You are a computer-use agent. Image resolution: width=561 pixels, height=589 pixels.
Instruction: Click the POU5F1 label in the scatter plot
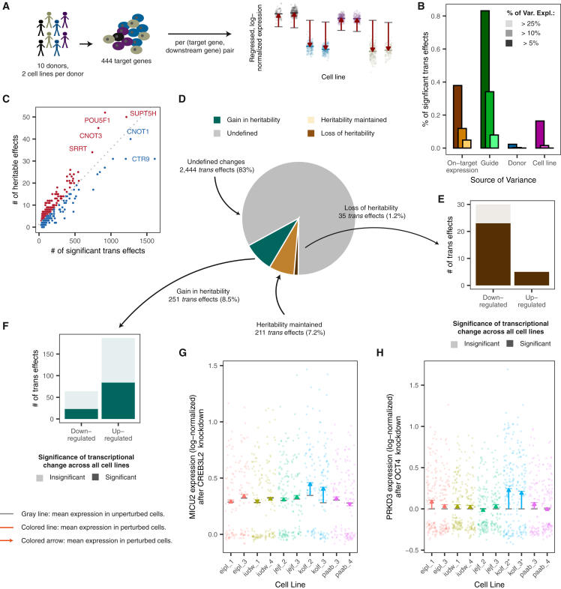tap(97, 121)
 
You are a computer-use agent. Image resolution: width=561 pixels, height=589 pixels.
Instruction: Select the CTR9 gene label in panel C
tap(141, 160)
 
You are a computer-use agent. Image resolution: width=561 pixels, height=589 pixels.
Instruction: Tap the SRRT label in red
tap(78, 149)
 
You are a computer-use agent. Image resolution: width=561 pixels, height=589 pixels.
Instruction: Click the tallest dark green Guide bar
tap(485, 79)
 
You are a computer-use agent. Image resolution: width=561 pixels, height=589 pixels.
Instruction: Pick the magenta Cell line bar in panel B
tap(540, 134)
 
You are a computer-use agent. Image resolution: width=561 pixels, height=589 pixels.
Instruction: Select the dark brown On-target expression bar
tap(457, 117)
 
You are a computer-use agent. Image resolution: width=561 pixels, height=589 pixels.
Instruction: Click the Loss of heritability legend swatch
tap(311, 133)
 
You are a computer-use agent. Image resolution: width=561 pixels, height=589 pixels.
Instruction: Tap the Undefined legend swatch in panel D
tap(217, 133)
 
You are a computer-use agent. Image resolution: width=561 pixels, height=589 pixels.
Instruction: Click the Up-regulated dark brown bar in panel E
tap(532, 279)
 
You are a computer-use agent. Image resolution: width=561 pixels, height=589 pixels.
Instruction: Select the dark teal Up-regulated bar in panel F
tap(118, 401)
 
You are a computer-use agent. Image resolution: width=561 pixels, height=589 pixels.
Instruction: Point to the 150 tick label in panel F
tap(49, 354)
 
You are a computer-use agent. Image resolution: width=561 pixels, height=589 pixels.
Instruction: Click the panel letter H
tap(380, 353)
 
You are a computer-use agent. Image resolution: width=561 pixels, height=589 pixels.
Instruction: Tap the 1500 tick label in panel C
tap(147, 241)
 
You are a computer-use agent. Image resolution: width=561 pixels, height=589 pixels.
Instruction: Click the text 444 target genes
tap(126, 61)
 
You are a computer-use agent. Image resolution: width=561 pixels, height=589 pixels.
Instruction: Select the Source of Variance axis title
tap(503, 180)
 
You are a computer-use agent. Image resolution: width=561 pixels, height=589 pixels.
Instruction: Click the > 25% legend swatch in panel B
tap(509, 24)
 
